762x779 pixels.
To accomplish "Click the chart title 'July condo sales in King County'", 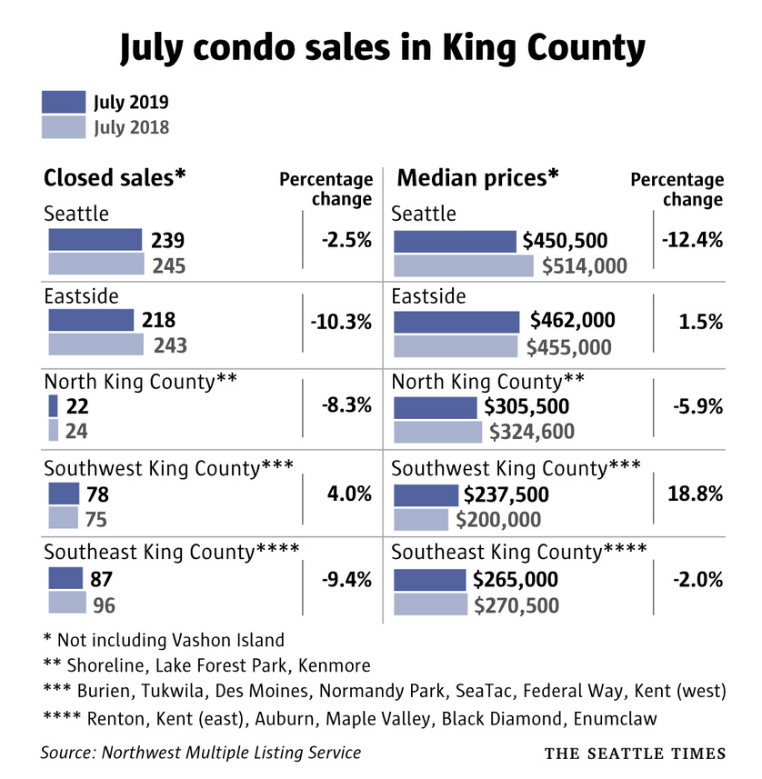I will point(381,47).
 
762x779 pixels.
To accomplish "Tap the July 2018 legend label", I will point(131,127).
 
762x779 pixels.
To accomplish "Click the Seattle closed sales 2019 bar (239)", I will point(95,240).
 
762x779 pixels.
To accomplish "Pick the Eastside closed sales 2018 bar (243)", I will point(95,345).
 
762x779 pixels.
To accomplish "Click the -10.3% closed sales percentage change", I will point(346,322).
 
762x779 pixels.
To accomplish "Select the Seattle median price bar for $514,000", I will point(464,265).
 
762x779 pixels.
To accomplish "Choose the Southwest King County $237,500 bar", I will point(426,495).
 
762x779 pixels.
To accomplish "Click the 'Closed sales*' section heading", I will point(115,178).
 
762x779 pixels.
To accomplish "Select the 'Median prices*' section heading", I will point(477,178).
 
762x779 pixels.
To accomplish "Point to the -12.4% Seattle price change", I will point(694,240).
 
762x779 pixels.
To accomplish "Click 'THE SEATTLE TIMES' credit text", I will point(635,754).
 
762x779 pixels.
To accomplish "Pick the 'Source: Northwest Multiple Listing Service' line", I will point(200,753).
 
